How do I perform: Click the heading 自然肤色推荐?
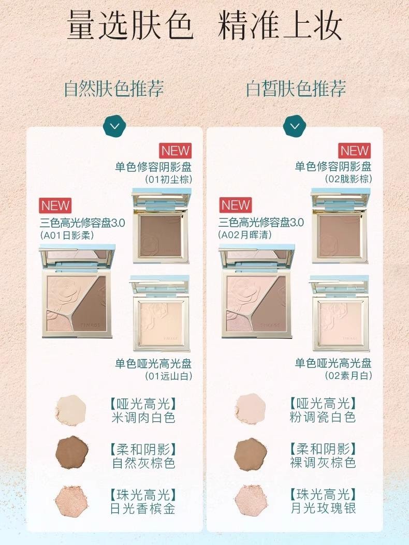click(x=113, y=89)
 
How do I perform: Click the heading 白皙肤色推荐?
click(x=296, y=89)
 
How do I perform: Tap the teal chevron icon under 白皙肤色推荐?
click(x=295, y=126)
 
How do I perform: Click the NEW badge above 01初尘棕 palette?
click(x=176, y=151)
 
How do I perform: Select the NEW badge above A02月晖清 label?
click(x=236, y=205)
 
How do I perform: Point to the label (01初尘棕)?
click(x=168, y=180)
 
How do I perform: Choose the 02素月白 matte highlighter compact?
click(x=340, y=314)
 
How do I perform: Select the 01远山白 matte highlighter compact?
click(x=160, y=314)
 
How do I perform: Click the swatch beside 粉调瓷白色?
click(x=251, y=409)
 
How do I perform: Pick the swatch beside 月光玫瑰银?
click(x=251, y=500)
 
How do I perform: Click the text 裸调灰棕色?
click(x=323, y=462)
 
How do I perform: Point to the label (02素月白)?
click(x=348, y=376)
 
